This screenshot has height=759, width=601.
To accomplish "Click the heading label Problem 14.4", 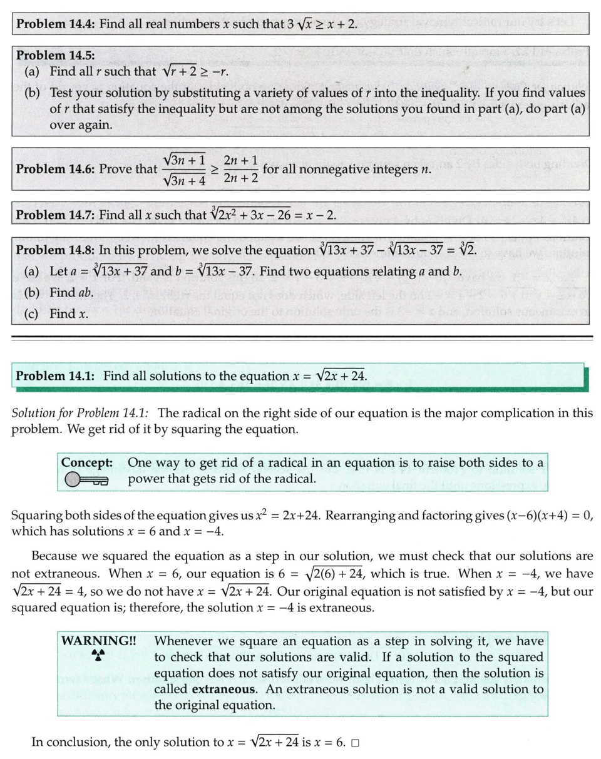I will click(x=55, y=25).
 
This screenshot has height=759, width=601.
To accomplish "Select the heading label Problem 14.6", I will click(x=55, y=169).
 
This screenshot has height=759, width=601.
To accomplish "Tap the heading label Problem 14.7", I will click(x=55, y=215).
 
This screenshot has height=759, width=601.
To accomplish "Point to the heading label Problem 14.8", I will click(x=55, y=249).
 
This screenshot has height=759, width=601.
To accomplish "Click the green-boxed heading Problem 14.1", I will click(x=55, y=376).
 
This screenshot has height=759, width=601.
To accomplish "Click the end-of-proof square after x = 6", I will click(x=355, y=743).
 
